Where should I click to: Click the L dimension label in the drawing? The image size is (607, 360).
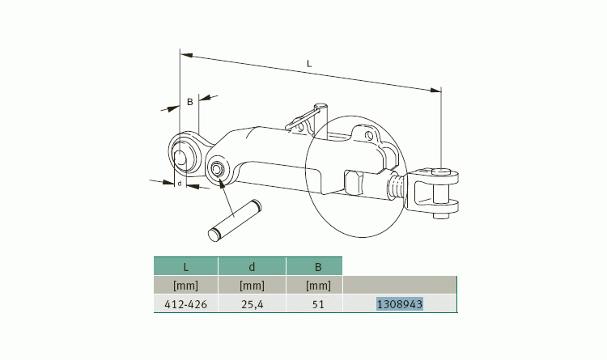click(310, 64)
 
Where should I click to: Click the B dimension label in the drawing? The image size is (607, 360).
click(189, 102)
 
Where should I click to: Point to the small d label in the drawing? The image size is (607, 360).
click(179, 184)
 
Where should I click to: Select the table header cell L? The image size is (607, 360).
click(185, 265)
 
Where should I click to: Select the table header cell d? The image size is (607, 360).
click(252, 265)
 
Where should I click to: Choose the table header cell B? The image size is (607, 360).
click(317, 265)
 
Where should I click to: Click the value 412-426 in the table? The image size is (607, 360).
click(185, 304)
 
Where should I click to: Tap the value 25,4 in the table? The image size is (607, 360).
click(252, 304)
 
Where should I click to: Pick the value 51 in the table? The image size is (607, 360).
click(317, 304)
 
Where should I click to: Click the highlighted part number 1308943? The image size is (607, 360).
click(400, 304)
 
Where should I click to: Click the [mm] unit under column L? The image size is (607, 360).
click(185, 285)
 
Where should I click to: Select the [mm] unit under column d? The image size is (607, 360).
click(252, 285)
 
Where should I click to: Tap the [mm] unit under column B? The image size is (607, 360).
click(317, 285)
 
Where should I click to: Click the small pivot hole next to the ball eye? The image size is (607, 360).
click(217, 170)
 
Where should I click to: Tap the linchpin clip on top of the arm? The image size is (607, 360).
click(308, 117)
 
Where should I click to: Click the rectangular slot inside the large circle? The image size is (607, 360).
click(354, 181)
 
